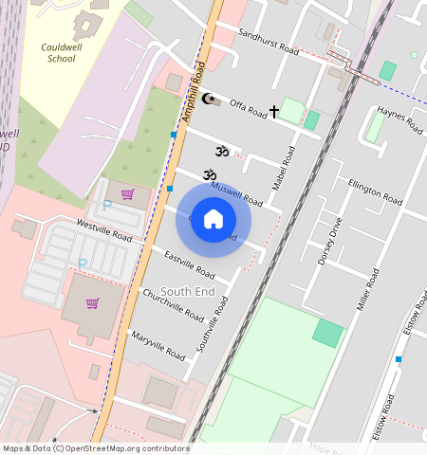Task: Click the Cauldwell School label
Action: tap(62, 51)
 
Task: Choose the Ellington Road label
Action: tap(375, 191)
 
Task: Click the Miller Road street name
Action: tap(367, 289)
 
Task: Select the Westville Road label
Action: tap(103, 229)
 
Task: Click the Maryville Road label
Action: tap(158, 345)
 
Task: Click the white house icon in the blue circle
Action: tap(213, 219)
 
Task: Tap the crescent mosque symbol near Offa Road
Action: tap(209, 98)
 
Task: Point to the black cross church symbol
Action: tap(274, 112)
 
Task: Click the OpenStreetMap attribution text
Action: tap(96, 448)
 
